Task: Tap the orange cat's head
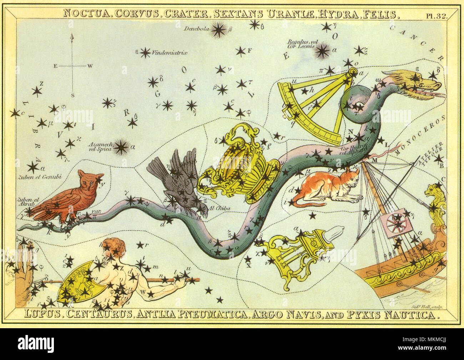tap(351, 177)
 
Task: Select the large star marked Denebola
tap(218, 30)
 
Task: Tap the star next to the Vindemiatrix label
tap(145, 53)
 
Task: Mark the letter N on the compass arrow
tap(72, 37)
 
